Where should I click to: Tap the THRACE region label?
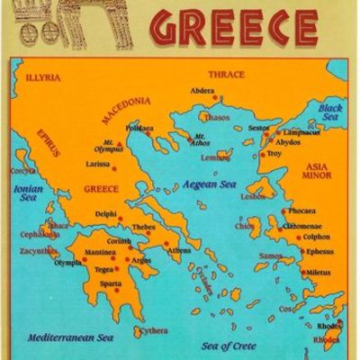coord(227,74)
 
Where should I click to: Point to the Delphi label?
coord(105,213)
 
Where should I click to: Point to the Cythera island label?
coord(154,331)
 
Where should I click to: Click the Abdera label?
coord(202,90)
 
